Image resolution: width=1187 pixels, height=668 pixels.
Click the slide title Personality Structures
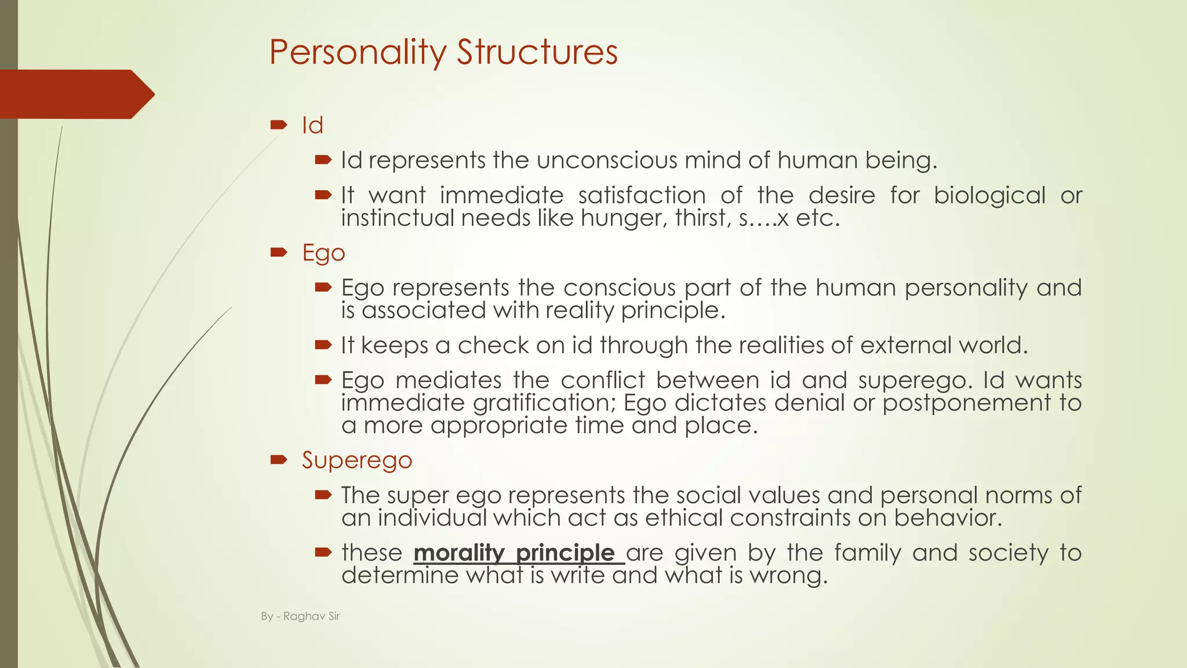click(443, 52)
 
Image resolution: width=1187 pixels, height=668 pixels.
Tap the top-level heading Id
click(312, 125)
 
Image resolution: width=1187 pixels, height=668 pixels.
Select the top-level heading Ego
click(323, 253)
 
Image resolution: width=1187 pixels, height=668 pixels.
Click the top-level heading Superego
click(357, 460)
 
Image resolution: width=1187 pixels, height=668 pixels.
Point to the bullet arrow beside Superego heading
click(279, 460)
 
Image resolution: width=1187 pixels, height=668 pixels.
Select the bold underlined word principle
click(565, 553)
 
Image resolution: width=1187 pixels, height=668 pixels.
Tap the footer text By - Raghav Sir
click(300, 616)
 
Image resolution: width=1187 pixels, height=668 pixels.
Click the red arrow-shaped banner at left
click(75, 94)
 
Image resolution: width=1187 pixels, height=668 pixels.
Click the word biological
click(989, 196)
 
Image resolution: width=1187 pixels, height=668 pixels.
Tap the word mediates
click(449, 380)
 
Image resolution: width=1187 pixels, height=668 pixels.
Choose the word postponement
click(966, 403)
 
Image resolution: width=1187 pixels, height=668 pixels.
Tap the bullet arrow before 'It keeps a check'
click(323, 345)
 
